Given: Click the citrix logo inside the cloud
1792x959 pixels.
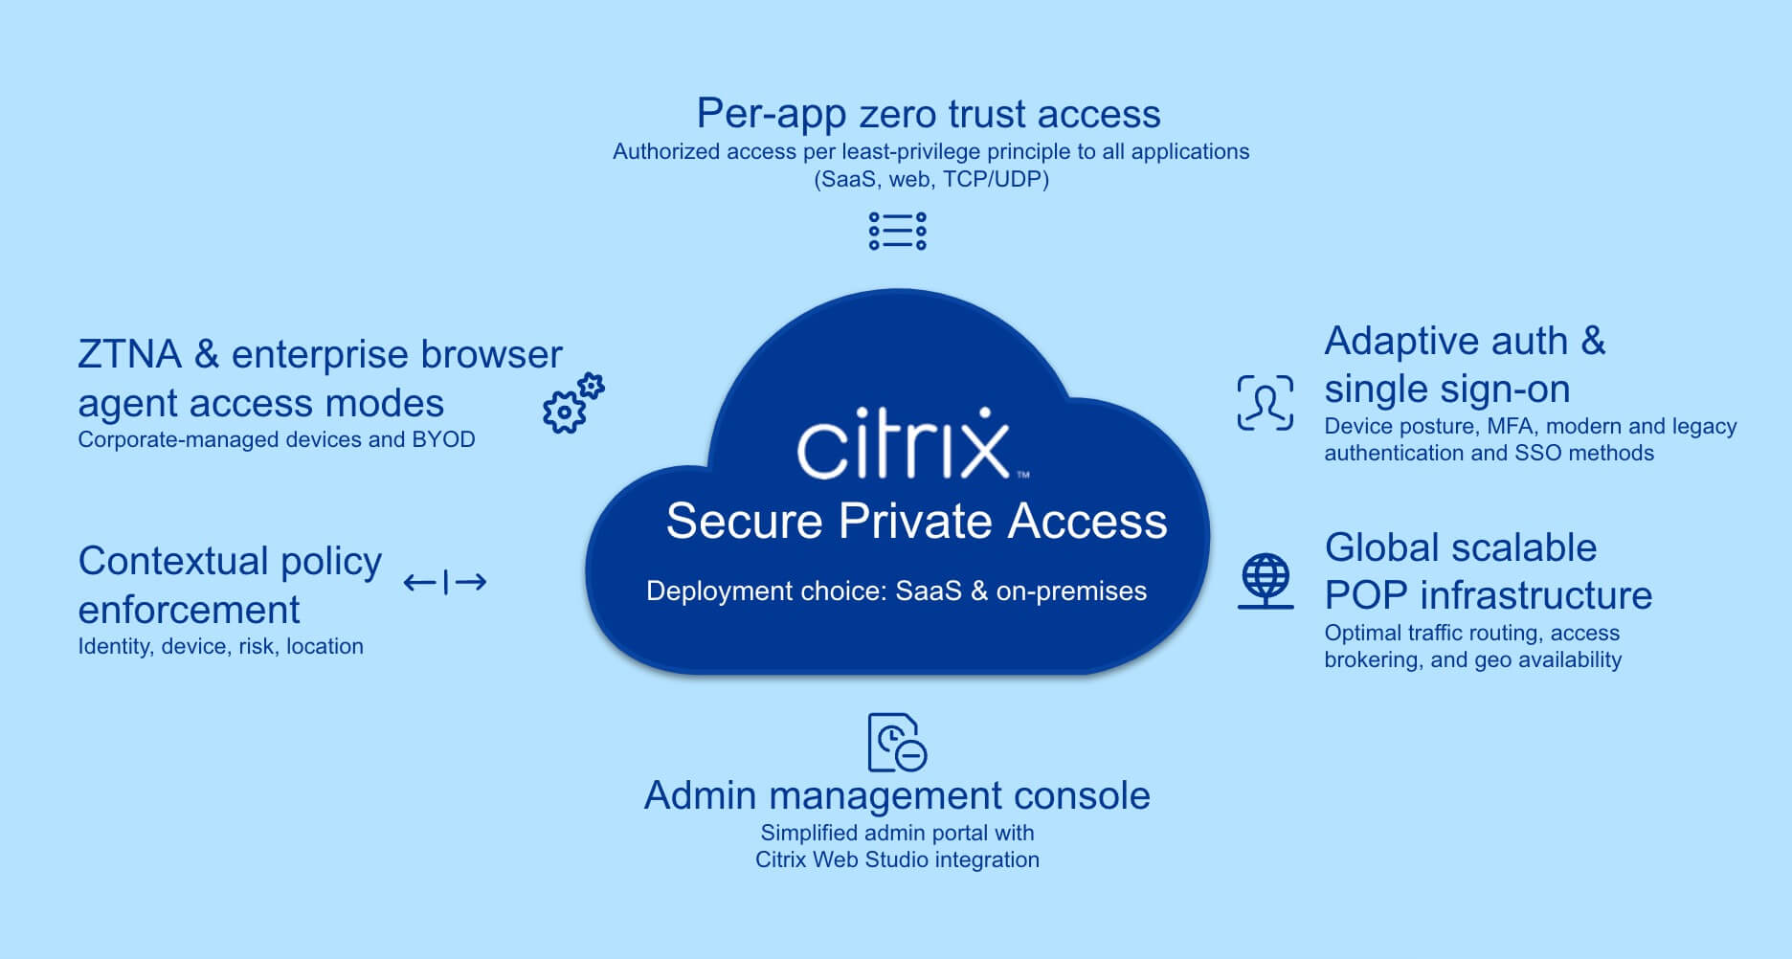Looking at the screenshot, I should coord(905,443).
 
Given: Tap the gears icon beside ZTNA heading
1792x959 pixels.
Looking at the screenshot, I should coord(572,404).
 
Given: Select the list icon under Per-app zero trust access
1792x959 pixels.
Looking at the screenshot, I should coord(897,231).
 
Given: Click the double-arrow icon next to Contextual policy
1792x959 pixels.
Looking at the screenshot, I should coord(445,581).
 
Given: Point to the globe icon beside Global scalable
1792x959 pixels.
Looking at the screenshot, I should coord(1266,581).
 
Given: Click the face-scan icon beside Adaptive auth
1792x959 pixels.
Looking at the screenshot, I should coord(1265,403).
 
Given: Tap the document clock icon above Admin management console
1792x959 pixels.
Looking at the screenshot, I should coord(896,742).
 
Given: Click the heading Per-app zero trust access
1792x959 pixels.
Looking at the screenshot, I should coord(928,114).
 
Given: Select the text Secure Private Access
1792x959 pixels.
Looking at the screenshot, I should coord(916,522).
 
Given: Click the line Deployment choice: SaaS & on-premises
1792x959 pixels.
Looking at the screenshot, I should coord(896,591).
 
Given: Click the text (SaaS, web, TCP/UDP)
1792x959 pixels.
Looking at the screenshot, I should coord(930,179).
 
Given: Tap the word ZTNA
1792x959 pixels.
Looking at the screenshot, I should coord(129,355).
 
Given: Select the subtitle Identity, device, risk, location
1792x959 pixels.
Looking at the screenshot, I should coord(220,646).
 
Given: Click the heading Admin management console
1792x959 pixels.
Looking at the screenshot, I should coord(897,795).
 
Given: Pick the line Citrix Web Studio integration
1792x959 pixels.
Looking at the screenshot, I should coord(897,859).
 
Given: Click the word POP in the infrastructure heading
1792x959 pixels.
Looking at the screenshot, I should coord(1366,595).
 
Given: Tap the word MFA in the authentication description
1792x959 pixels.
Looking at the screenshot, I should coord(1510,426).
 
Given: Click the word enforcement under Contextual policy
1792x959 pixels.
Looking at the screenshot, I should coord(189,610).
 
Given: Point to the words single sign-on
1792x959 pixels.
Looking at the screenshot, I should coord(1446,390).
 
